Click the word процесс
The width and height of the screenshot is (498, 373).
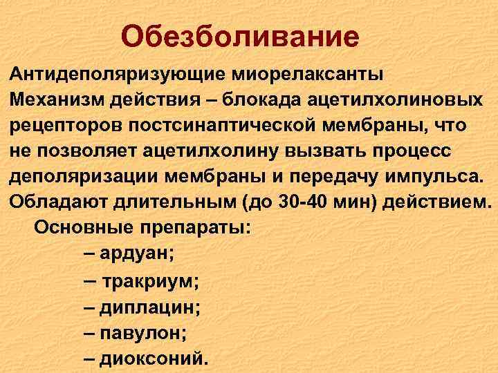point(429,151)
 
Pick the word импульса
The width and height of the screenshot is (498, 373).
point(432,177)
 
